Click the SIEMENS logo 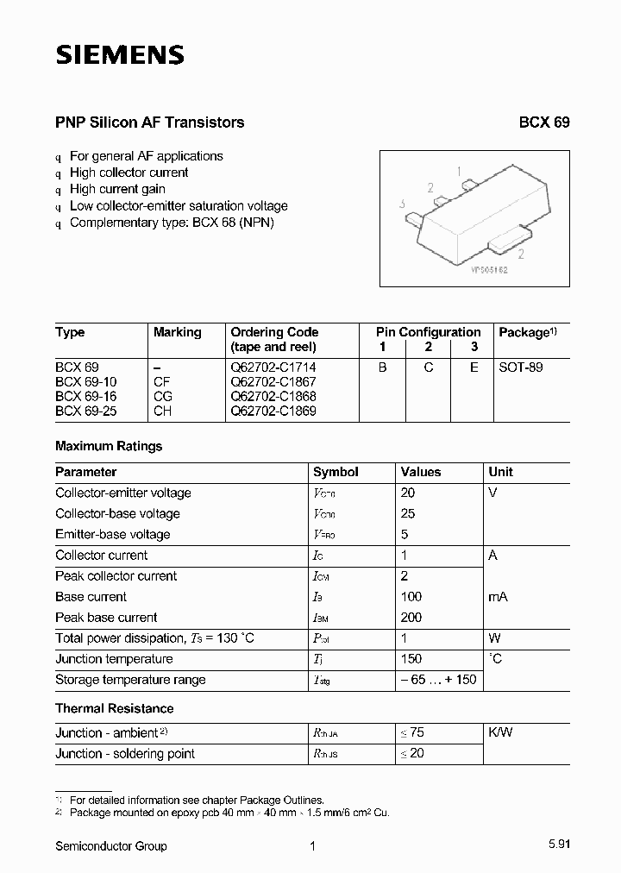pyautogui.click(x=120, y=55)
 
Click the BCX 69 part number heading pyautogui.click(x=543, y=122)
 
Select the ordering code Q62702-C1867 pyautogui.click(x=273, y=381)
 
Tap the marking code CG pyautogui.click(x=163, y=396)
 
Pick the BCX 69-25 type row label pyautogui.click(x=85, y=411)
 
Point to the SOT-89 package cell pyautogui.click(x=521, y=367)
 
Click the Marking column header pyautogui.click(x=177, y=332)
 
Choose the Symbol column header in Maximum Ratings pyautogui.click(x=336, y=472)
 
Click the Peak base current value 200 pyautogui.click(x=411, y=617)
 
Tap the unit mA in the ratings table pyautogui.click(x=499, y=596)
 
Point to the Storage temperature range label pyautogui.click(x=130, y=679)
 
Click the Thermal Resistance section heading pyautogui.click(x=114, y=708)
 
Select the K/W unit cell pyautogui.click(x=501, y=732)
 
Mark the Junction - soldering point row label pyautogui.click(x=125, y=753)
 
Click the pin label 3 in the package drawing pyautogui.click(x=403, y=204)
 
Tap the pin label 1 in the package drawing pyautogui.click(x=459, y=171)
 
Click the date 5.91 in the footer pyautogui.click(x=557, y=846)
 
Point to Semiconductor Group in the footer pyautogui.click(x=110, y=846)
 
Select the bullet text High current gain pyautogui.click(x=117, y=189)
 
